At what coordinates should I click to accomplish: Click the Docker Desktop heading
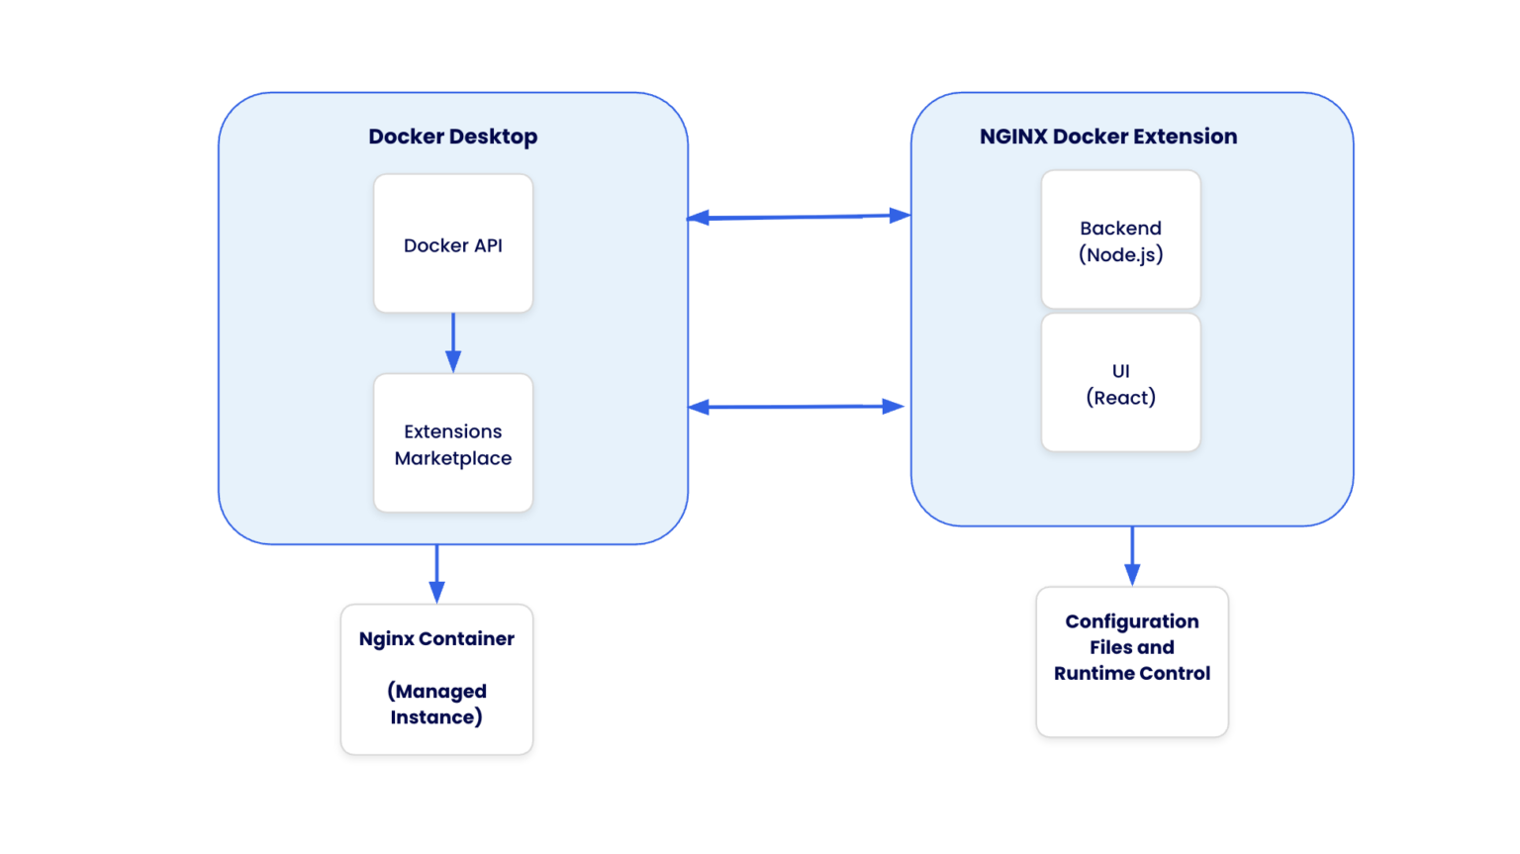[x=452, y=137]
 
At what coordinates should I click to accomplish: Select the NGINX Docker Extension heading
[x=1107, y=137]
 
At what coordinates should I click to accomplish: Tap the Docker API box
[x=453, y=244]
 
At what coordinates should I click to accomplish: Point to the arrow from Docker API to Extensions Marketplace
[x=453, y=342]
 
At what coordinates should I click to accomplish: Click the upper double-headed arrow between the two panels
[x=798, y=217]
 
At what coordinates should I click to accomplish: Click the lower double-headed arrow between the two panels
[x=796, y=407]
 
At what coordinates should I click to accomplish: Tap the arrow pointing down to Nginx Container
[x=436, y=573]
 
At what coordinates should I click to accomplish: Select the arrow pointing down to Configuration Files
[x=1132, y=555]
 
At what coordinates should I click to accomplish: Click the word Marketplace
[x=453, y=458]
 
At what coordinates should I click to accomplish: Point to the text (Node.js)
[x=1120, y=255]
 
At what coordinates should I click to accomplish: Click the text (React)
[x=1120, y=398]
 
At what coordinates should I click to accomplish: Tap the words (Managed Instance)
[x=436, y=704]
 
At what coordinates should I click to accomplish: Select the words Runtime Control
[x=1131, y=673]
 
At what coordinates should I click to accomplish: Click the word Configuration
[x=1131, y=621]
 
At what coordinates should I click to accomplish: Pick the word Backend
[x=1120, y=229]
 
